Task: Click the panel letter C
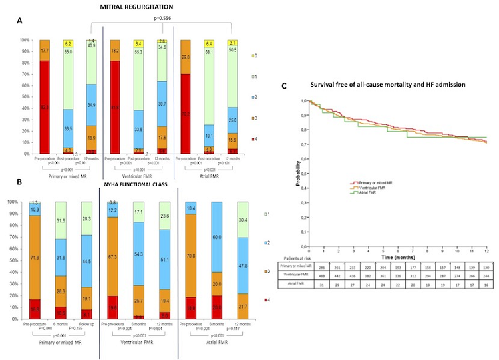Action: (x=285, y=85)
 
